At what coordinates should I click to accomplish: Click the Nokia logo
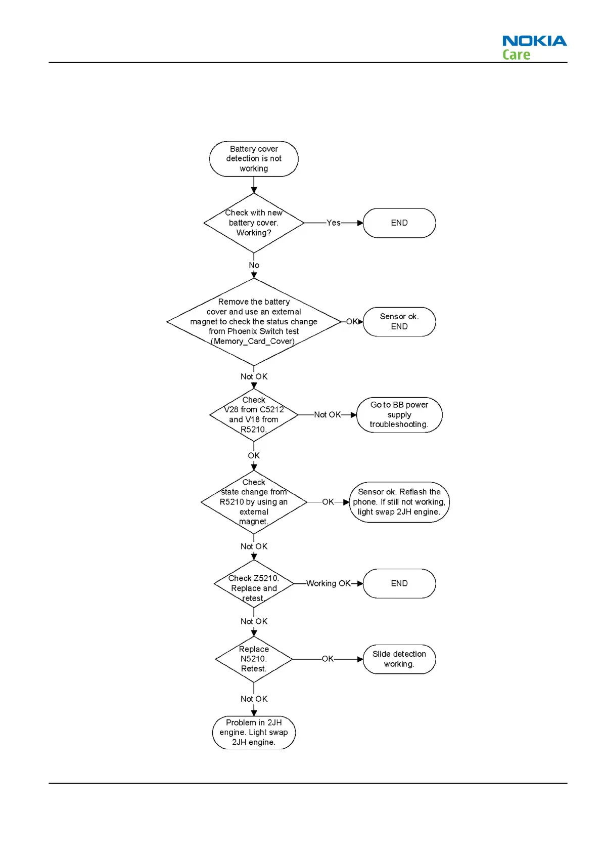click(x=534, y=41)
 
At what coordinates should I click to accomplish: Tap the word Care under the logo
click(x=516, y=55)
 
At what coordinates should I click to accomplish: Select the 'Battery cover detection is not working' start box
click(x=254, y=159)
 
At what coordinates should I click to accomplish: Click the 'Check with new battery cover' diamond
click(x=254, y=223)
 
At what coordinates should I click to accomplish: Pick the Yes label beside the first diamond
click(x=333, y=223)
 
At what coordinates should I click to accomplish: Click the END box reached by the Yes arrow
click(x=399, y=223)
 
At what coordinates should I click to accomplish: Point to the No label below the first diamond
click(x=254, y=265)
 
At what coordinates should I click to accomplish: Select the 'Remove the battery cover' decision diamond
click(x=254, y=322)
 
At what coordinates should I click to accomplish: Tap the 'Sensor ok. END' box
click(x=399, y=322)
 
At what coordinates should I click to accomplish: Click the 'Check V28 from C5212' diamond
click(x=254, y=415)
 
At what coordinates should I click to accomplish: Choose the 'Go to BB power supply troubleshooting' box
click(x=399, y=415)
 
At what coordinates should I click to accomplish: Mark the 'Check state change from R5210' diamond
click(x=254, y=502)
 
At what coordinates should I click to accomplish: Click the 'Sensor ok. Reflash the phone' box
click(x=399, y=502)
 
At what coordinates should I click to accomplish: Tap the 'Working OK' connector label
click(x=328, y=583)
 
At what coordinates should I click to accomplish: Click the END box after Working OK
click(x=399, y=583)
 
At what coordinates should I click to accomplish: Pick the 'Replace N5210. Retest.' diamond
click(x=254, y=659)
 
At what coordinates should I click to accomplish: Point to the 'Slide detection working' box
click(x=399, y=659)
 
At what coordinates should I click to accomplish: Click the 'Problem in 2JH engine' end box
click(x=254, y=733)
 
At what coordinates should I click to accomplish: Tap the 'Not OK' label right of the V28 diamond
click(x=328, y=415)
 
